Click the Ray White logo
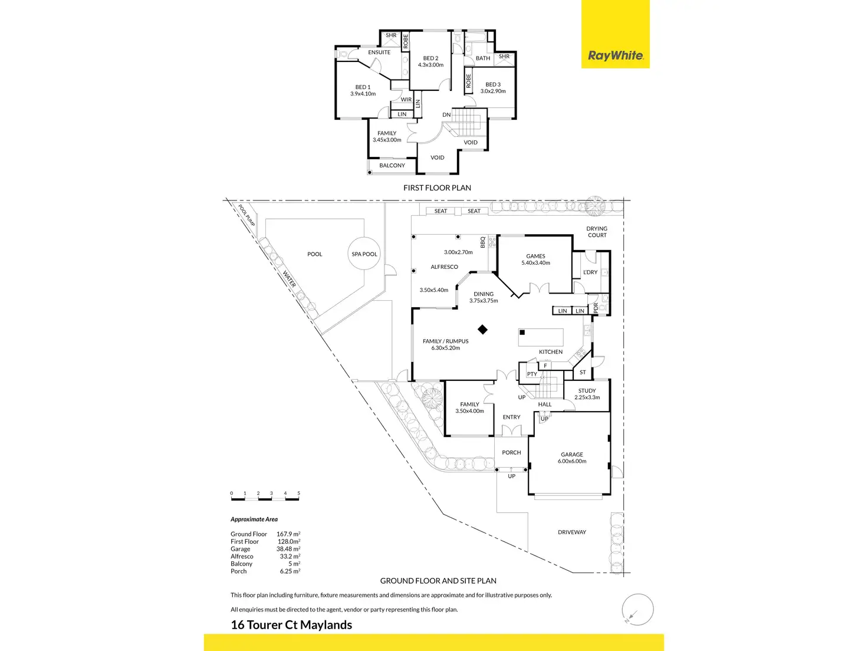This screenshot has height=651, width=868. click(615, 55)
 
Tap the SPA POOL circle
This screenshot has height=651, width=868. click(364, 254)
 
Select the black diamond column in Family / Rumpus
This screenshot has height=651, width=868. click(482, 330)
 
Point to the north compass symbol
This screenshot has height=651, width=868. click(637, 609)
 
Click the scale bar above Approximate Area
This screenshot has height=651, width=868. click(265, 499)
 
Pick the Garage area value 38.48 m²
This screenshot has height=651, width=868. click(288, 549)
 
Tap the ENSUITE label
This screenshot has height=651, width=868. click(379, 52)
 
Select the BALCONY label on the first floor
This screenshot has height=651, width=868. click(392, 166)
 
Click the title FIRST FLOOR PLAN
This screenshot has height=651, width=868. click(437, 188)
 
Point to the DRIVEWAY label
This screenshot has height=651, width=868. click(572, 532)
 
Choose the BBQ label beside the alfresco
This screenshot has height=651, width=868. click(483, 242)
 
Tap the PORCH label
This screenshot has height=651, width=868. click(511, 453)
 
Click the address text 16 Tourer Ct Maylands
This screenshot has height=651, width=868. click(291, 625)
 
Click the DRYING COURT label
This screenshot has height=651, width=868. click(597, 232)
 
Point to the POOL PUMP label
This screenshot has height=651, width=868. click(247, 216)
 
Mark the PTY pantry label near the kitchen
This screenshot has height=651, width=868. click(532, 374)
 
